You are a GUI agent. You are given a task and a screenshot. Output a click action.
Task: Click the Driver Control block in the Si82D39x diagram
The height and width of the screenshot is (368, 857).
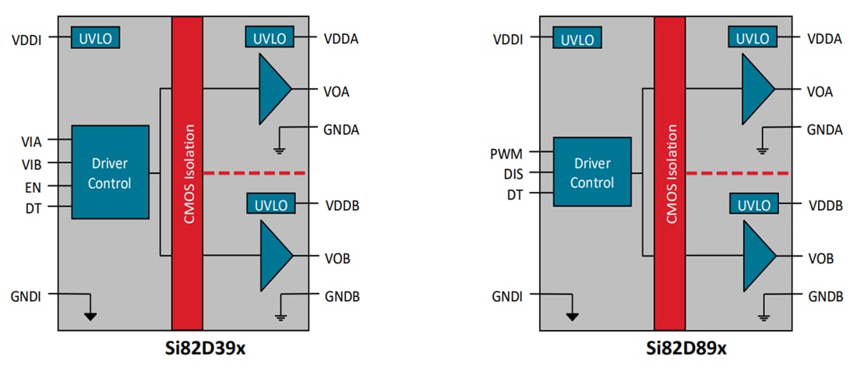pos(110,172)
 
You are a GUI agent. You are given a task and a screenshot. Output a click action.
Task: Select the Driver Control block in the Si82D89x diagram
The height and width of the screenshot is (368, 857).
pos(592,172)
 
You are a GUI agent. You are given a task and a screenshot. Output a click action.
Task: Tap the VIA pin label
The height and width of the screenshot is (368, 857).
pos(32,141)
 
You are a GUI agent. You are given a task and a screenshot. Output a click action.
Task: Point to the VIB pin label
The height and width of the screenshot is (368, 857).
pos(32,164)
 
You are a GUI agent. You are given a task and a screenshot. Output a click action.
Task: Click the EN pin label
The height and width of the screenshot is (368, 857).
pos(34,187)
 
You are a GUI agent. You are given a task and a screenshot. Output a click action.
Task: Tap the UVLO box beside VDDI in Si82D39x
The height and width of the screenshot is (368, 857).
pos(95,37)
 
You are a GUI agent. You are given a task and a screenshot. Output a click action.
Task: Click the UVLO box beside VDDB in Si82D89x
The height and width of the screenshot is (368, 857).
pos(753,205)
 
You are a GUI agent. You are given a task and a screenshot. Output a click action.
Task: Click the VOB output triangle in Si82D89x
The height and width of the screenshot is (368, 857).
pos(758,256)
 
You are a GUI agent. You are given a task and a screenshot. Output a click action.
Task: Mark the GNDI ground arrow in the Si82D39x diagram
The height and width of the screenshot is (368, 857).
pos(91,316)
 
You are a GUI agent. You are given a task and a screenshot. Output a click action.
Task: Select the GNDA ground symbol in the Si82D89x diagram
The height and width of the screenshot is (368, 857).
pos(763,150)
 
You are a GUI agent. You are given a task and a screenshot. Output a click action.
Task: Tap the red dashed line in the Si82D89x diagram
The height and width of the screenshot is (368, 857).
pos(736,173)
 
